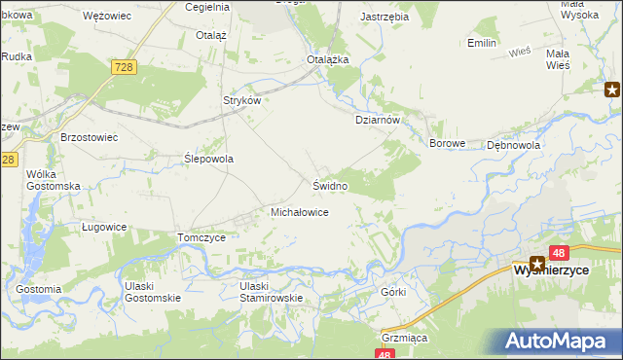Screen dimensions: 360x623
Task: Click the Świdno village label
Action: [x=330, y=185]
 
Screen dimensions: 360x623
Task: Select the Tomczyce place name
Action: [x=202, y=237]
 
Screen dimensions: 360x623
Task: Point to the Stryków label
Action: [x=243, y=100]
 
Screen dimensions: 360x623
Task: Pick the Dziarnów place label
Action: [x=377, y=120]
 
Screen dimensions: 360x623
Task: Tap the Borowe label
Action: [x=449, y=143]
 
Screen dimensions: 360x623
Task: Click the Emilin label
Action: [x=482, y=44]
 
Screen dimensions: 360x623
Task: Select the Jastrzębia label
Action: [x=383, y=18]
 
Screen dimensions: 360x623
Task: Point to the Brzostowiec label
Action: [x=89, y=138]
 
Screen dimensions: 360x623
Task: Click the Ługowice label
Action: [x=103, y=227]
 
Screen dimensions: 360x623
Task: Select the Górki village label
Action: [x=393, y=292]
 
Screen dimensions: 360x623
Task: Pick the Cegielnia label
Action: [x=206, y=6]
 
